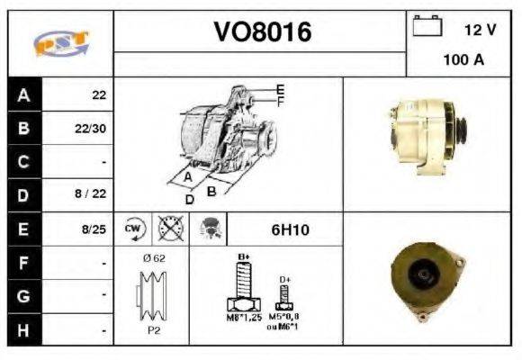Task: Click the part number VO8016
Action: (261, 32)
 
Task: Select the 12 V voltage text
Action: (480, 30)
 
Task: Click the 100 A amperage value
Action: (463, 60)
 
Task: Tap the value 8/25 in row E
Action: (93, 229)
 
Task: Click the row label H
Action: (23, 330)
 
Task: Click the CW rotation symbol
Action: (134, 229)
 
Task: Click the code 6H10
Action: (290, 229)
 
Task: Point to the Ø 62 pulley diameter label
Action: (153, 257)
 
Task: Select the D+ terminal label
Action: (284, 280)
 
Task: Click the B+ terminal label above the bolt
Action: (243, 257)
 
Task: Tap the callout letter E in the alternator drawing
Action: (280, 88)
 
